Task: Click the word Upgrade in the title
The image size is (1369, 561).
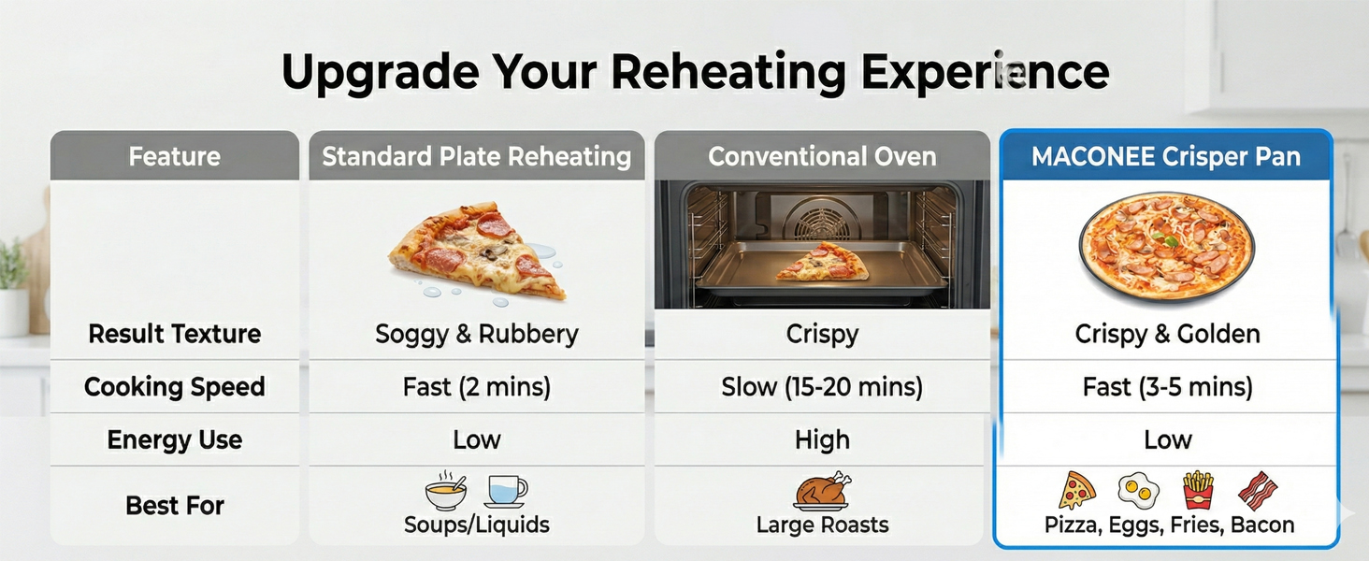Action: tap(381, 73)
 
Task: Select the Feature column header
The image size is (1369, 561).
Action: tap(175, 156)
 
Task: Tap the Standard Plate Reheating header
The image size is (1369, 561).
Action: tap(477, 156)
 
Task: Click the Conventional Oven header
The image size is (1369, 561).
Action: tap(822, 156)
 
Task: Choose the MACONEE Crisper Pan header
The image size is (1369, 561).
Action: tap(1166, 156)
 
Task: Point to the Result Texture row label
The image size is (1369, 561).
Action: tap(175, 334)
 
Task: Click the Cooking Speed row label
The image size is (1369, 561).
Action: tap(175, 387)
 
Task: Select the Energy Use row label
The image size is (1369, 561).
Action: tap(175, 440)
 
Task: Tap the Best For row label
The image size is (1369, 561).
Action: tap(175, 506)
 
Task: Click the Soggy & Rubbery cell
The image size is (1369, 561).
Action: tap(477, 335)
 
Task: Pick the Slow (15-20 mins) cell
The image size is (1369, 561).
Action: tap(822, 387)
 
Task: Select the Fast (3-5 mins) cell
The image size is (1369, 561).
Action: tap(1167, 387)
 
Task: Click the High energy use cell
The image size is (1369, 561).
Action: tap(822, 440)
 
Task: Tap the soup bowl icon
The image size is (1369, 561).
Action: tap(445, 491)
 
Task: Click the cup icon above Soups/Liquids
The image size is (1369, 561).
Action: tap(506, 491)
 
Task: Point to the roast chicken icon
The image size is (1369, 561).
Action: tap(822, 491)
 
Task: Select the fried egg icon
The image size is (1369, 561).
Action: tap(1138, 491)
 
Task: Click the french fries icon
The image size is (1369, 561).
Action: tap(1199, 490)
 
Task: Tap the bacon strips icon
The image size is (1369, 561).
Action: tap(1257, 491)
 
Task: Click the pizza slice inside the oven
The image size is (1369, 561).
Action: tap(822, 262)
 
